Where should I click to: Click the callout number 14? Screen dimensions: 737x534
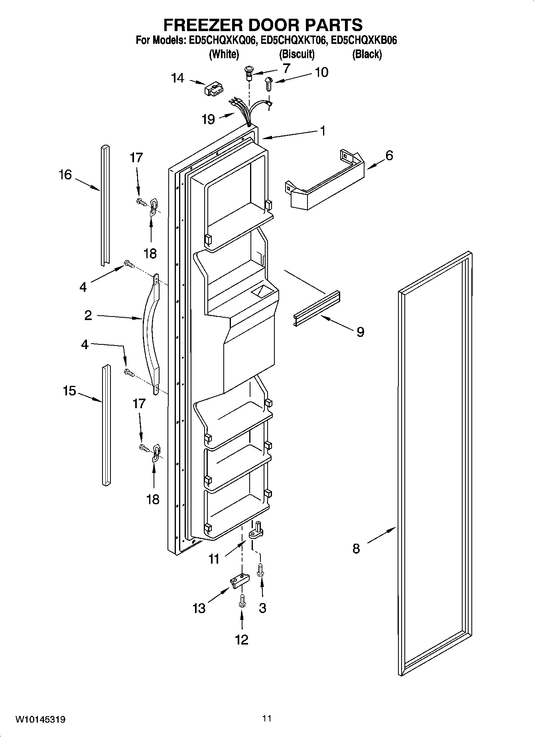pos(177,78)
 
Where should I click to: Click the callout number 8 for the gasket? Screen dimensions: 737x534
pos(356,548)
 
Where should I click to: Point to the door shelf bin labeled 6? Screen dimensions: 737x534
pos(325,184)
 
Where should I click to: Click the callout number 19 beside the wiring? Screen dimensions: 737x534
pos(209,119)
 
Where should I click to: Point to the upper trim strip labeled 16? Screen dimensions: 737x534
pos(105,205)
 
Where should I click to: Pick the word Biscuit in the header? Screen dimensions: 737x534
pos(297,54)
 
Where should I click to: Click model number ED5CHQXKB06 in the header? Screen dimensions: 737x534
pos(364,41)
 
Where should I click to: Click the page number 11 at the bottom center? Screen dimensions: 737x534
pos(267,718)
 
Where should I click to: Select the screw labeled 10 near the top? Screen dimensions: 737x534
pos(269,84)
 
